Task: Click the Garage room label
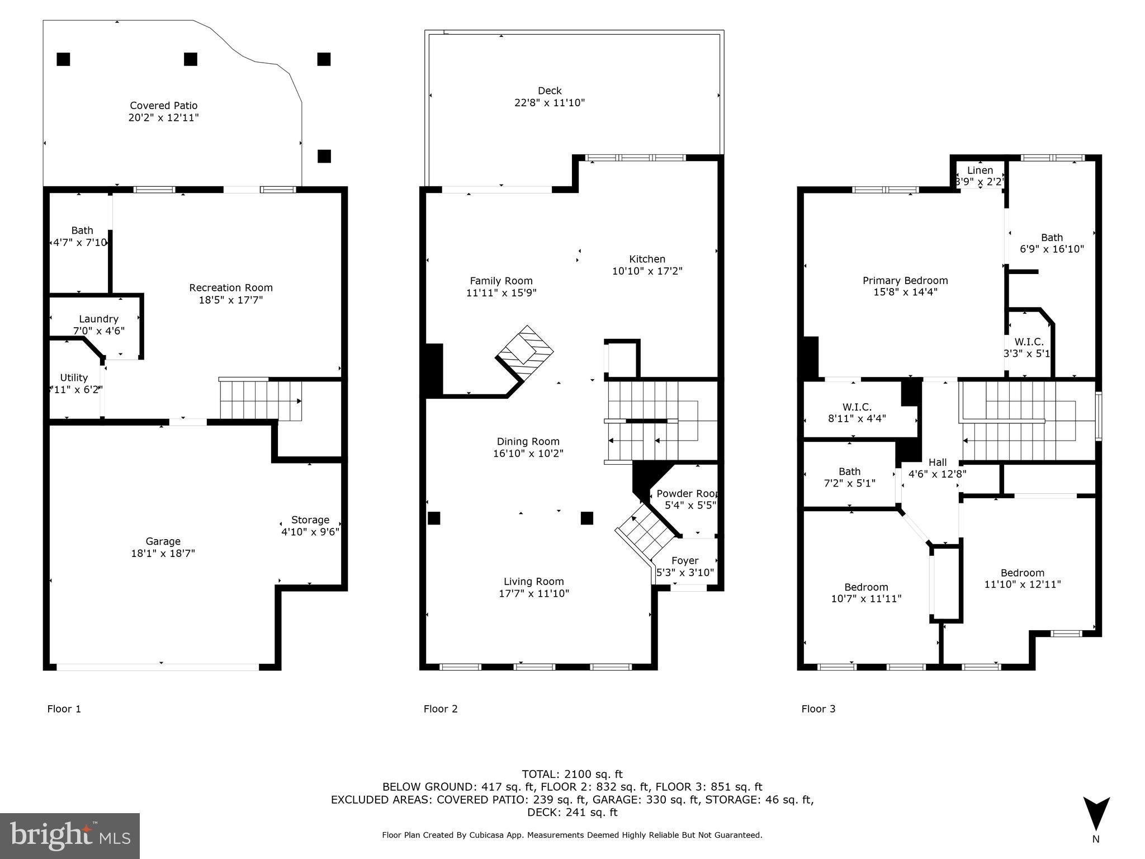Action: [163, 541]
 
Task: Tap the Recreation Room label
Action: [231, 288]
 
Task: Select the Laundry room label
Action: [98, 319]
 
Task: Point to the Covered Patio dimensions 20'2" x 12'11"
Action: [163, 118]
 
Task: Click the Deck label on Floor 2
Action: [550, 91]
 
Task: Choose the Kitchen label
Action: [647, 259]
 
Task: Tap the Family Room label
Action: [501, 281]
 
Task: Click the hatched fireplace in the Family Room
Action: [524, 353]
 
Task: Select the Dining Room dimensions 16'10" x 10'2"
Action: [528, 454]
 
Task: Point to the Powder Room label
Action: [687, 494]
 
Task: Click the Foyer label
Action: [685, 560]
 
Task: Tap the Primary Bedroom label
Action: [905, 281]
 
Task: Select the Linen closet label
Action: [980, 170]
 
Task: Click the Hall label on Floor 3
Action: [938, 462]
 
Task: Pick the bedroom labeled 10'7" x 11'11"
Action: [866, 593]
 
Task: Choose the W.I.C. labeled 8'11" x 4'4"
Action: [857, 412]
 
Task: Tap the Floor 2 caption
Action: [441, 709]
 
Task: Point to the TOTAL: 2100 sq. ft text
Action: [572, 774]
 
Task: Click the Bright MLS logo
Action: [70, 836]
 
